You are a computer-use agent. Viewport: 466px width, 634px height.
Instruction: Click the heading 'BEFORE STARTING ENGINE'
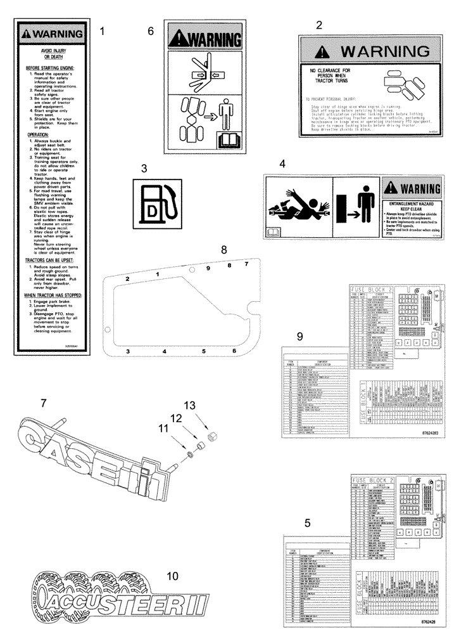tap(51, 67)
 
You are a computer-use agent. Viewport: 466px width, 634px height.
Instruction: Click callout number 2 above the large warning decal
tap(319, 25)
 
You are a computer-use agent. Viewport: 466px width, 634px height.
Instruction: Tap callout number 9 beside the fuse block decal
tap(300, 335)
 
